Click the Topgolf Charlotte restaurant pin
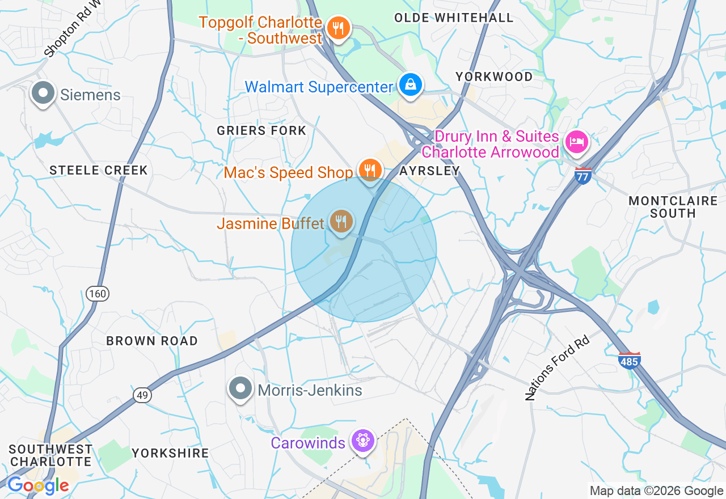pos(338,27)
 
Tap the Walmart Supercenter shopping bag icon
pos(410,85)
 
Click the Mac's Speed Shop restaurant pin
pos(370,170)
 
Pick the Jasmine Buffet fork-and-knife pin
pos(341,221)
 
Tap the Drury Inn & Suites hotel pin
pos(576,141)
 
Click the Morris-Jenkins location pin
pos(240,389)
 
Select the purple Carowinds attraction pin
pos(362,441)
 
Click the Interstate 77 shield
pos(583,175)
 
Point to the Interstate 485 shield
pos(630,360)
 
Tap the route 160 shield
pos(98,294)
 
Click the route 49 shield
pos(142,395)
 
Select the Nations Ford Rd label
pos(558,367)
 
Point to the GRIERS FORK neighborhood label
pos(261,130)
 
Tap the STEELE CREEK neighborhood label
pos(99,170)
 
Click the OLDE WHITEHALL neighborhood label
pos(454,18)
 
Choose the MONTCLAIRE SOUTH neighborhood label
pos(673,207)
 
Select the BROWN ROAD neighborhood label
pos(152,341)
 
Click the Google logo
pos(38,485)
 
